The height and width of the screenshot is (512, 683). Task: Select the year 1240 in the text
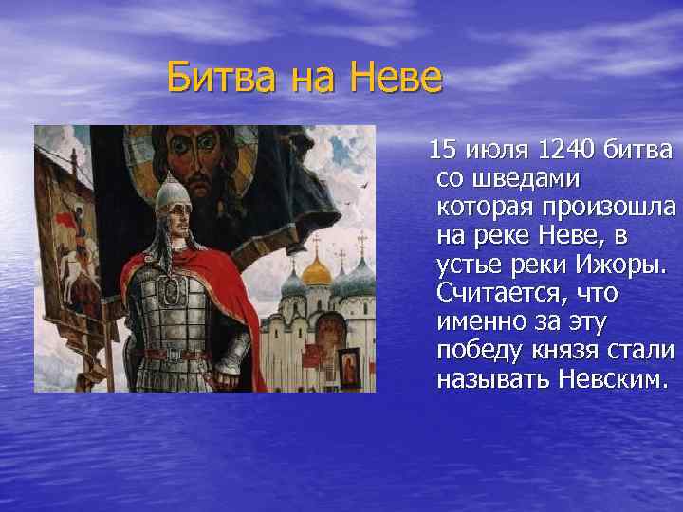(565, 150)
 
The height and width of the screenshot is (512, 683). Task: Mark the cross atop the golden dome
(317, 242)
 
